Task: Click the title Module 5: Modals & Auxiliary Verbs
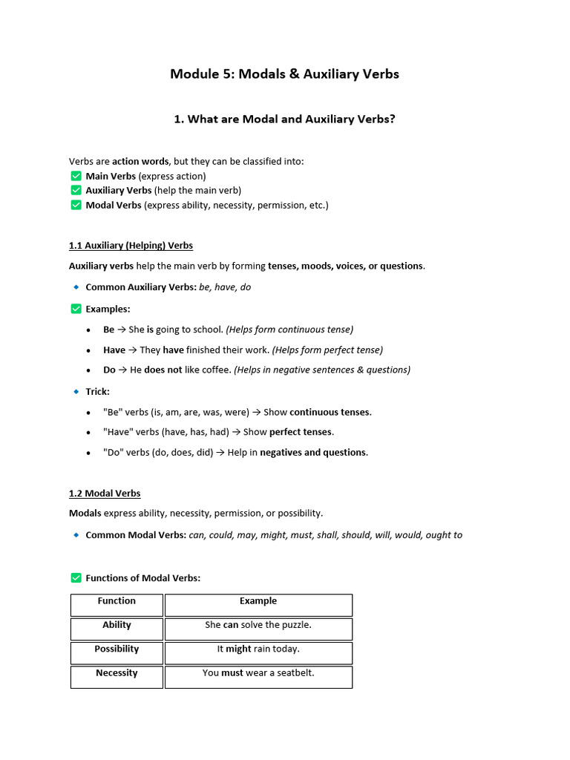284,73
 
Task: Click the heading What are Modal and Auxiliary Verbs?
284,119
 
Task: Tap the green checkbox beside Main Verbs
76,176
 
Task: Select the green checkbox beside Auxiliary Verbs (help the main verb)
76,191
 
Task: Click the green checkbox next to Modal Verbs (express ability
76,205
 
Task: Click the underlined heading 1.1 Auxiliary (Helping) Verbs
131,246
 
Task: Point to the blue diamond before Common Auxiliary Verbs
76,287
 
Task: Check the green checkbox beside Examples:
76,309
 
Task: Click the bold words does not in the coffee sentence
163,370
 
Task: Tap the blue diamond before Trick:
76,391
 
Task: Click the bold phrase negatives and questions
312,453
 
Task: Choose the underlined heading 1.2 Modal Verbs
105,494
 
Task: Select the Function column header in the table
117,601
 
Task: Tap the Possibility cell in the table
117,649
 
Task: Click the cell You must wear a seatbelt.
258,673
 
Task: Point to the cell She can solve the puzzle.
258,626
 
